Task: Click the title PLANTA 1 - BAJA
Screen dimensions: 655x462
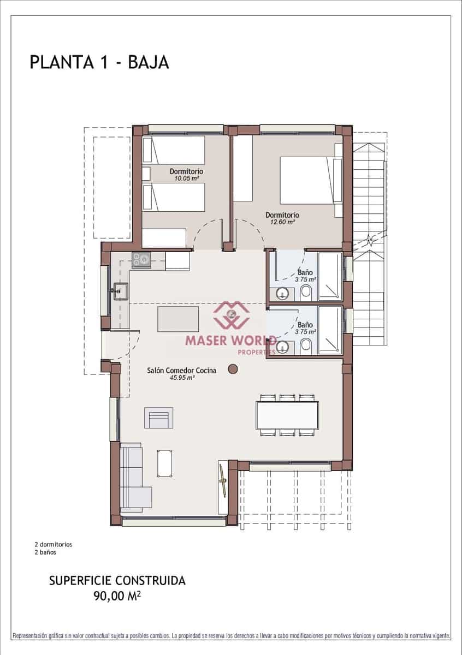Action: pyautogui.click(x=99, y=62)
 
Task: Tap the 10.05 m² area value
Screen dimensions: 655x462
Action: pyautogui.click(x=186, y=178)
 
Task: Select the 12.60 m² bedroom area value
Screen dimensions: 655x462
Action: pyautogui.click(x=282, y=222)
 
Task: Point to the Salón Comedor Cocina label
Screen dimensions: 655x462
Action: pyautogui.click(x=181, y=370)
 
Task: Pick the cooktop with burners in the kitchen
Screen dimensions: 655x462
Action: pyautogui.click(x=140, y=260)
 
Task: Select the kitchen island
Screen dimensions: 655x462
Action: pyautogui.click(x=178, y=319)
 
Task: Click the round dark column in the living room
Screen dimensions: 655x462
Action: pyautogui.click(x=233, y=370)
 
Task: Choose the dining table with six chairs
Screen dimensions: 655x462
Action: pyautogui.click(x=287, y=415)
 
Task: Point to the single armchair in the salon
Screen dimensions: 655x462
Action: pyautogui.click(x=158, y=418)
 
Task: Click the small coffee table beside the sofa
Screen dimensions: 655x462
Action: pyautogui.click(x=165, y=462)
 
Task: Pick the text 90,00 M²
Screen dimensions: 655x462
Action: pyautogui.click(x=117, y=596)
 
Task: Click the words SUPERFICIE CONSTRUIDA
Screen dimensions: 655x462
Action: pyautogui.click(x=117, y=580)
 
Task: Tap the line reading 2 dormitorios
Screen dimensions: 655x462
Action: pyautogui.click(x=53, y=544)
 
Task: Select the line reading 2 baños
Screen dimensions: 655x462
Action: pyautogui.click(x=45, y=552)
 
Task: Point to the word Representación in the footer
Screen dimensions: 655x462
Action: pyautogui.click(x=31, y=636)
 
